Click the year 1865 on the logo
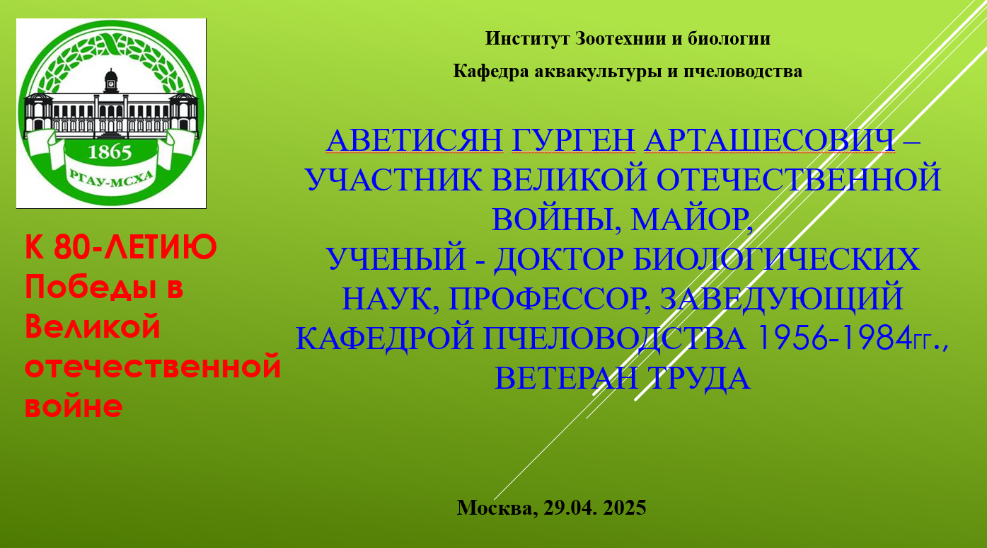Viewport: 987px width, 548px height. pos(110,152)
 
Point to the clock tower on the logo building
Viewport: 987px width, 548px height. pos(111,81)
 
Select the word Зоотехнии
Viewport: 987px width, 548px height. pos(621,39)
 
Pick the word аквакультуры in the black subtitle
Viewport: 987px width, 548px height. pos(598,72)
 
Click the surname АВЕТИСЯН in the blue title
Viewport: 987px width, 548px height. pos(414,141)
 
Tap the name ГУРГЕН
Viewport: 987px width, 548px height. pos(573,141)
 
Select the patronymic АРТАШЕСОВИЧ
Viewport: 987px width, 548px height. pos(769,141)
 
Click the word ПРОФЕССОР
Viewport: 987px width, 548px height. pos(549,299)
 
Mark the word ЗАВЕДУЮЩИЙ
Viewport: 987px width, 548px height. pos(782,299)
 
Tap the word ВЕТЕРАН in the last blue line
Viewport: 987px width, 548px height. pos(566,379)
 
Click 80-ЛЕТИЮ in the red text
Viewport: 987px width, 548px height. pos(135,247)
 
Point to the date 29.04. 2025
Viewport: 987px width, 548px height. pos(595,508)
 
